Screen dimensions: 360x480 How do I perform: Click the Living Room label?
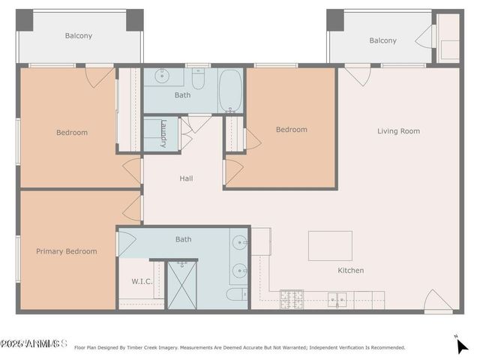click(x=398, y=131)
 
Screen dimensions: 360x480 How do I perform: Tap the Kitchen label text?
click(x=350, y=270)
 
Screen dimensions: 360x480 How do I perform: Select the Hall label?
click(x=186, y=178)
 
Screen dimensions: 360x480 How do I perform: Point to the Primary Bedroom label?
click(x=66, y=251)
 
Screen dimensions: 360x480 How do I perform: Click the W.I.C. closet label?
click(x=132, y=282)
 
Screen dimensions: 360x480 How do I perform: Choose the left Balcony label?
click(x=79, y=35)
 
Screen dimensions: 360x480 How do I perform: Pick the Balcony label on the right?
click(x=382, y=40)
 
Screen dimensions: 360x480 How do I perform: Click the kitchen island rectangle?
click(x=330, y=245)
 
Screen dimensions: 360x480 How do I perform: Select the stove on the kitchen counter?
click(x=291, y=299)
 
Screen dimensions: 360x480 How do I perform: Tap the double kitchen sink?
click(x=337, y=299)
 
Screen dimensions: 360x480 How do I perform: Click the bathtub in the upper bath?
click(x=230, y=90)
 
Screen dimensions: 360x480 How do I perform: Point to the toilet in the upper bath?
click(x=199, y=78)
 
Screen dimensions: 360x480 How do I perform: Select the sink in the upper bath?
click(x=162, y=76)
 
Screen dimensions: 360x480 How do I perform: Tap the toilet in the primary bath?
click(x=235, y=294)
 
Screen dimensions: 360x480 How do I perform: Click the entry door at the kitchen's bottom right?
click(x=438, y=301)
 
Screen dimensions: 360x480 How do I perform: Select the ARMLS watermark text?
click(x=33, y=343)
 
